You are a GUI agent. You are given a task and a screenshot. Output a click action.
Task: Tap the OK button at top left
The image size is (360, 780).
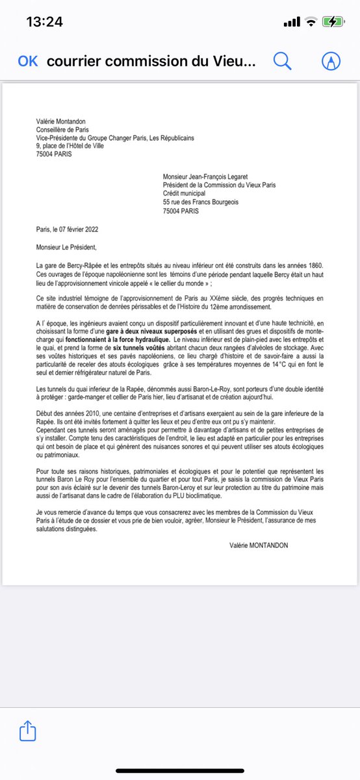click(28, 61)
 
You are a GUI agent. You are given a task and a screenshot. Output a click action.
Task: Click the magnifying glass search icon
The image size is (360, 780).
click(283, 61)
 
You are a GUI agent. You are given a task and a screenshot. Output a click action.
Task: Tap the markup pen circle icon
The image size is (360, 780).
click(331, 61)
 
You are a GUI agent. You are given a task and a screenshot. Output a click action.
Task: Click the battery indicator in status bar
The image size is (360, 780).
click(334, 21)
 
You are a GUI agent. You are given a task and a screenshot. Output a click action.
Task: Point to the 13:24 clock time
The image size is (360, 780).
click(44, 21)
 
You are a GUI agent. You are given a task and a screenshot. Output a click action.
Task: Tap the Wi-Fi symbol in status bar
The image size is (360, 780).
click(312, 21)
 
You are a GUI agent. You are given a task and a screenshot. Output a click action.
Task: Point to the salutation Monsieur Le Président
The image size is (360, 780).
click(68, 246)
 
